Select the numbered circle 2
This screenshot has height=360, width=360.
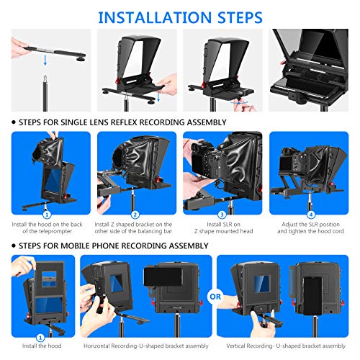135,214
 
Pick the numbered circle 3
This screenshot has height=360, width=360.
222,214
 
